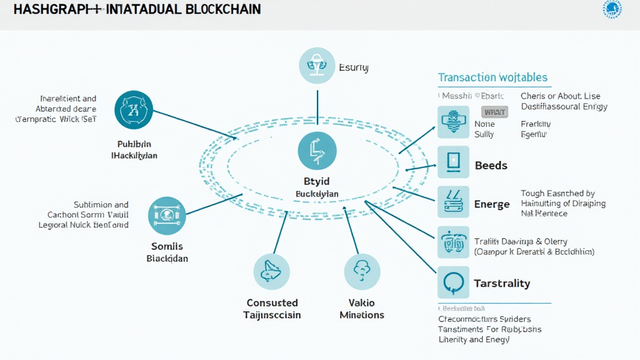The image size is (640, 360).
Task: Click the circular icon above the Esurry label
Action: pos(317,66)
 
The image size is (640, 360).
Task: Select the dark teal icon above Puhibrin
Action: pos(134,109)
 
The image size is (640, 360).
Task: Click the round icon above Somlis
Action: pos(167,216)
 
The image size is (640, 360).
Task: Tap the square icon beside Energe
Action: pos(453,202)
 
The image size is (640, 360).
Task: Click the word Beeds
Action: pos(491,166)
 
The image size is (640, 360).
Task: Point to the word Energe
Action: pos(492,204)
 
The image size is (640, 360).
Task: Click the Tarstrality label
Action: pos(502,283)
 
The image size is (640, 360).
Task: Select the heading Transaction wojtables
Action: pos(492,77)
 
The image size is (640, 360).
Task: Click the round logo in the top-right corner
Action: pos(612,9)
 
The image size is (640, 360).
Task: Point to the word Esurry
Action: pos(353,67)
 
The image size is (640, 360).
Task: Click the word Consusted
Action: pos(272,302)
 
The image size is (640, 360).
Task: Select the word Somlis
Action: pos(167,246)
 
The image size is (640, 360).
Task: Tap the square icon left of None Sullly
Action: pos(453,122)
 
